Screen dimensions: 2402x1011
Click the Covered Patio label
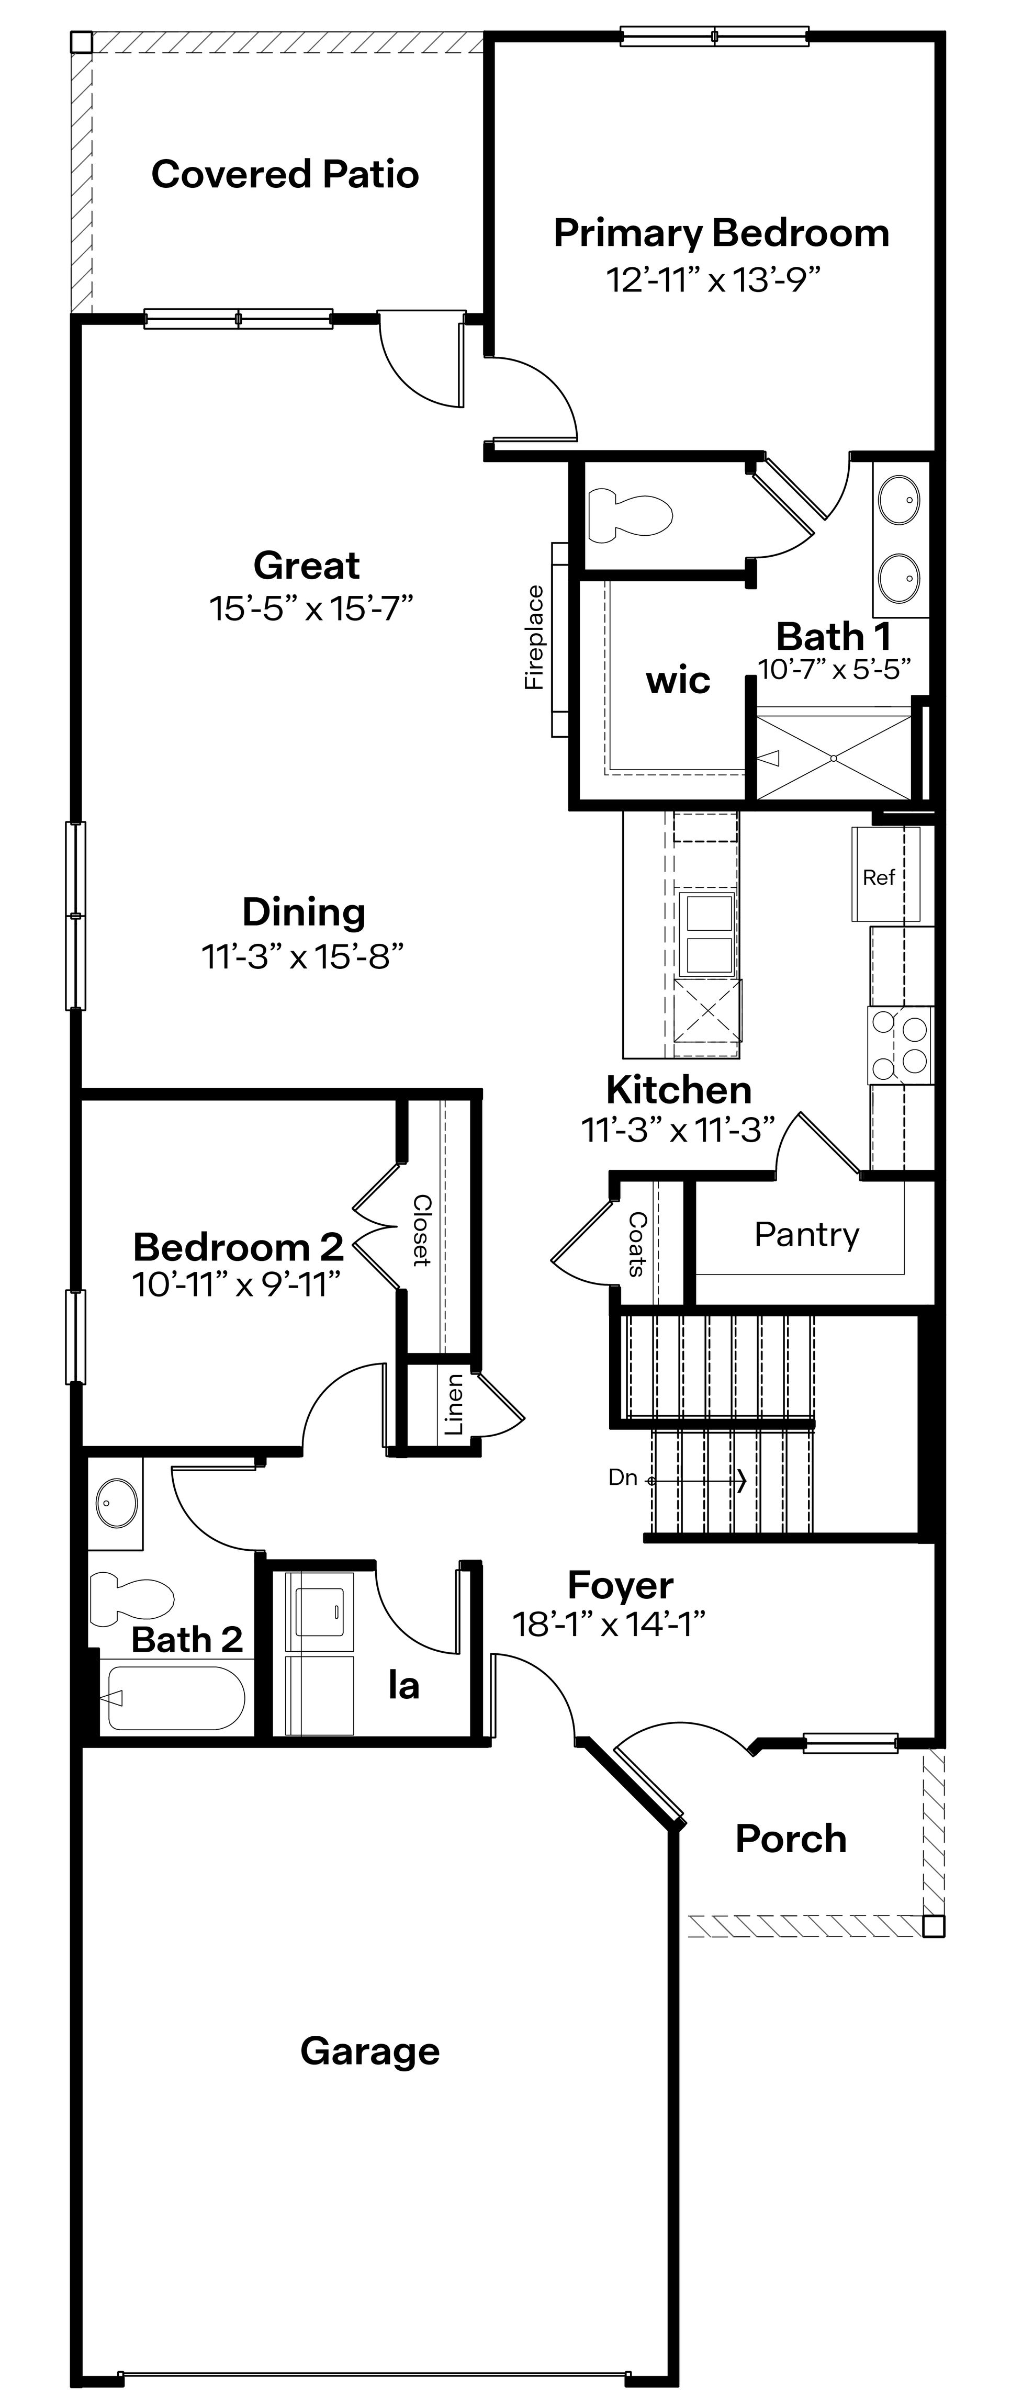pyautogui.click(x=285, y=174)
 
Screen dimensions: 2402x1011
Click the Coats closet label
pyautogui.click(x=637, y=1243)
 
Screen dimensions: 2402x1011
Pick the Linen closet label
pyautogui.click(x=454, y=1404)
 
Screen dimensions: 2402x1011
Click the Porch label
pyautogui.click(x=791, y=1839)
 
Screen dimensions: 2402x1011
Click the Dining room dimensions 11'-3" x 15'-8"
pyautogui.click(x=303, y=956)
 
